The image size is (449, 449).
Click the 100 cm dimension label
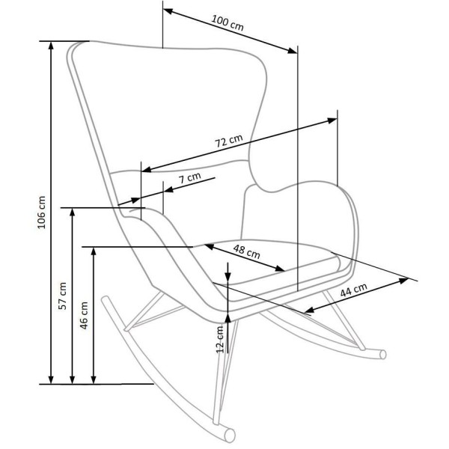(x=227, y=22)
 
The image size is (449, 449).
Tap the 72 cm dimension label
(x=228, y=141)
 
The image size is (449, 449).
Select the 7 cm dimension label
(x=189, y=177)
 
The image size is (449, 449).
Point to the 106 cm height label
(x=41, y=213)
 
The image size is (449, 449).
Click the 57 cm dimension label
(x=62, y=296)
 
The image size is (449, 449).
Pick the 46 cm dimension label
(x=84, y=315)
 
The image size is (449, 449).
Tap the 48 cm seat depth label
(x=246, y=251)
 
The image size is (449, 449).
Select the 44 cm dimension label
(x=353, y=290)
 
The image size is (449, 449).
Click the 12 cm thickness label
(x=219, y=339)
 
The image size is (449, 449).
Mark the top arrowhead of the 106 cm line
(x=51, y=45)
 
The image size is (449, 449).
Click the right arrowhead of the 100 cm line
(x=293, y=51)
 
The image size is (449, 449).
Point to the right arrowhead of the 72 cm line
(x=332, y=120)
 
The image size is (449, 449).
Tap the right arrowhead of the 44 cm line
(x=404, y=281)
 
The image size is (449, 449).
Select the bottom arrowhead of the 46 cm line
(x=94, y=379)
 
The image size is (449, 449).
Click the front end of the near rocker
(x=230, y=436)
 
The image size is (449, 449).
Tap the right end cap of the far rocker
(x=383, y=355)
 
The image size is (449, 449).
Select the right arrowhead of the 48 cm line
(x=280, y=269)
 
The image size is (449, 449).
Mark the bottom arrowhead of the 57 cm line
(x=73, y=379)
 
